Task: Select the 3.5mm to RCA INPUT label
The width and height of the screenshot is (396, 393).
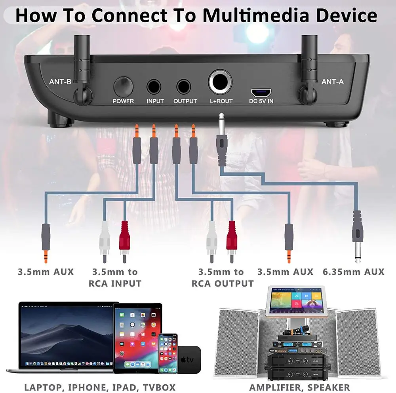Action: tap(115, 277)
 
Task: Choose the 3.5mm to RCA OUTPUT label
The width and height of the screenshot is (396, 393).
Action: tap(223, 277)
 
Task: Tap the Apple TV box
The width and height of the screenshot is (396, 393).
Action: tap(189, 359)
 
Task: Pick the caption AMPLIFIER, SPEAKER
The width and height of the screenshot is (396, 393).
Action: tap(299, 387)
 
